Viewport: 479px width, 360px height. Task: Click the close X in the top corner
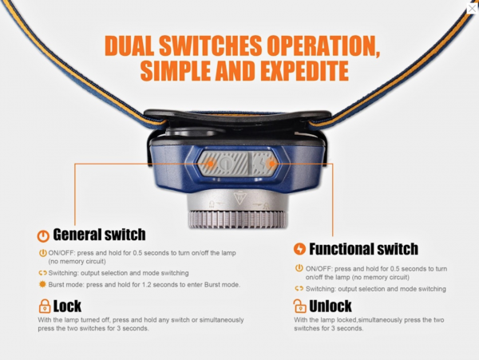coord(473,8)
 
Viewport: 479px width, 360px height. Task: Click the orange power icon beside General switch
coord(43,236)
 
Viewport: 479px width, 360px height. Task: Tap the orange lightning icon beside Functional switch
coord(299,249)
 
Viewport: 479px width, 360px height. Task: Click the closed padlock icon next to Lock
coord(45,306)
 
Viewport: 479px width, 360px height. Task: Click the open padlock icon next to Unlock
coord(299,306)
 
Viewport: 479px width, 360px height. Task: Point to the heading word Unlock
coord(331,306)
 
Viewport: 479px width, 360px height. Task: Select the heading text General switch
coord(99,235)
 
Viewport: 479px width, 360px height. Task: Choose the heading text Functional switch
coord(363,249)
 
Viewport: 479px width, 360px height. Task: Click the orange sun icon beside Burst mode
coord(42,284)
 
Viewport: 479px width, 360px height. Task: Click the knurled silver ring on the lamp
coord(237,220)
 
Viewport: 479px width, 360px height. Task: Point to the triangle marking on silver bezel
coord(239,198)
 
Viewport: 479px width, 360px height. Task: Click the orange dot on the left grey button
coord(211,164)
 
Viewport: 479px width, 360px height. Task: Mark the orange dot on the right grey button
coord(271,164)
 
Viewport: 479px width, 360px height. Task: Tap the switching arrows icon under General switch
coord(42,273)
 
